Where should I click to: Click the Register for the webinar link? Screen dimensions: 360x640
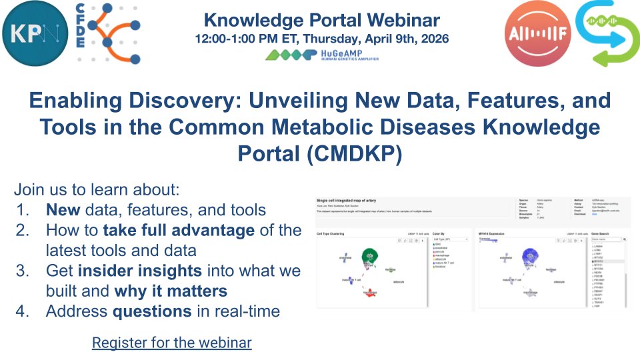click(171, 343)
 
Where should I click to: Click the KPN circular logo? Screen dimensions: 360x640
click(35, 33)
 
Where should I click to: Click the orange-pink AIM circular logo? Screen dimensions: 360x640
click(533, 33)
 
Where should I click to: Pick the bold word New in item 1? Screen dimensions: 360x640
click(63, 210)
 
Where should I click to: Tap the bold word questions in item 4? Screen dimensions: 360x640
click(152, 311)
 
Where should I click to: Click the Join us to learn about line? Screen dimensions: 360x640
click(97, 189)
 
